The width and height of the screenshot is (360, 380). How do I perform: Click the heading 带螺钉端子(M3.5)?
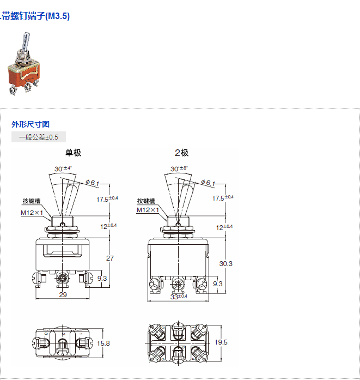(x=36, y=16)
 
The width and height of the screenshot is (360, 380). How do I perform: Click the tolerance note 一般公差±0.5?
(x=38, y=137)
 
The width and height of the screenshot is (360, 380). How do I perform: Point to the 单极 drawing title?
(x=73, y=153)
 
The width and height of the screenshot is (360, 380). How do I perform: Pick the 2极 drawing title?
(x=181, y=153)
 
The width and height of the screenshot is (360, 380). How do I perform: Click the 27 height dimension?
(x=110, y=258)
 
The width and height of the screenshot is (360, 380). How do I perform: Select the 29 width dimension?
(x=63, y=295)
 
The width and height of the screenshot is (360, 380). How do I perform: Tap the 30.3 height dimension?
(x=225, y=263)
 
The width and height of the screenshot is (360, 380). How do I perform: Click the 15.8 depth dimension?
(x=103, y=343)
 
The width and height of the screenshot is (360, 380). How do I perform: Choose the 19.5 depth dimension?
(x=221, y=342)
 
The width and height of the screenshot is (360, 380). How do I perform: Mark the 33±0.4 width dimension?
(x=178, y=296)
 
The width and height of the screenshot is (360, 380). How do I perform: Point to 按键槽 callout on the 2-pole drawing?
(x=147, y=201)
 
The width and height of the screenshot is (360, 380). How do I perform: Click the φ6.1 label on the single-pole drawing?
(x=92, y=183)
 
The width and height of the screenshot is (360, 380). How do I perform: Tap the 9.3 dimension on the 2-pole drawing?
(x=217, y=284)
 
